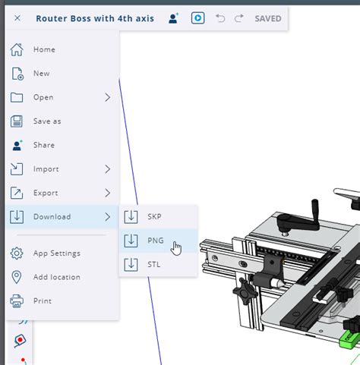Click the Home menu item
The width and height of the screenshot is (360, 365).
(44, 49)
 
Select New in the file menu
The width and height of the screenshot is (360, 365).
(42, 74)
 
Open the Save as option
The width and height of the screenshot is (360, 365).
(47, 121)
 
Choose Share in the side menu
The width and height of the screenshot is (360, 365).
(44, 145)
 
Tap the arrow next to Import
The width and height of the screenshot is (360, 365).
(108, 169)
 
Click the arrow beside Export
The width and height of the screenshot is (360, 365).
(108, 193)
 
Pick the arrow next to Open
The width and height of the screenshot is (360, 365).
(108, 97)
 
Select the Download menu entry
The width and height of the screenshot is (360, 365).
(52, 217)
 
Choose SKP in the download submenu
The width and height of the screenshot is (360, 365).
(154, 216)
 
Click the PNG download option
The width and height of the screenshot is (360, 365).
(156, 241)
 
